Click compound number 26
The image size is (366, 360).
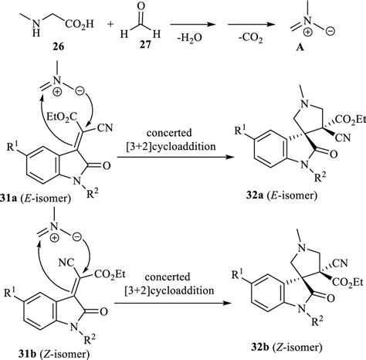pos(59,46)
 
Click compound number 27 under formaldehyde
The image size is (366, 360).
pos(146,46)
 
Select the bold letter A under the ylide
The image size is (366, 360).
pos(300,48)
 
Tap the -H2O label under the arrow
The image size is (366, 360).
pos(189,39)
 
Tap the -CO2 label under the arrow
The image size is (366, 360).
pos(250,39)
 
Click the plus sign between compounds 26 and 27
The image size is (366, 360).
pos(111,25)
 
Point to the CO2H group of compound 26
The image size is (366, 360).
pos(80,25)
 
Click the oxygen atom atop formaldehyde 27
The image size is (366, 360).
pos(141,6)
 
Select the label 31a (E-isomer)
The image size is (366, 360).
pos(36,199)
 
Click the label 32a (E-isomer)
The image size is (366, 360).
pos(281,195)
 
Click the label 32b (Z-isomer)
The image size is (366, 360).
pos(286,348)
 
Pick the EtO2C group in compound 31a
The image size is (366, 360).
pos(62,117)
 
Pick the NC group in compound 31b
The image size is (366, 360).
pos(66,263)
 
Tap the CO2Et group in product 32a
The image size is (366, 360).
pos(351,119)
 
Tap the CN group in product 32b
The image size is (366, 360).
pos(341,263)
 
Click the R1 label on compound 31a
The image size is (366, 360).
pos(13,147)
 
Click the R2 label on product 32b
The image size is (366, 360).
pos(317,321)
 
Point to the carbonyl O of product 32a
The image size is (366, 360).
pos(334,155)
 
